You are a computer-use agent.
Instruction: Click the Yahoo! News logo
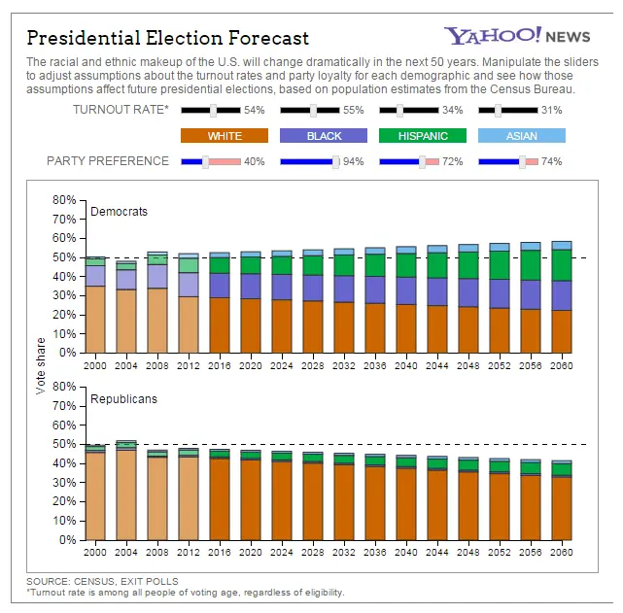pos(517,36)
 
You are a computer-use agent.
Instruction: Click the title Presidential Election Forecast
pos(167,38)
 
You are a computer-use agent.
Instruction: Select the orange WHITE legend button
pos(224,136)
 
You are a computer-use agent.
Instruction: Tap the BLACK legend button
pos(324,136)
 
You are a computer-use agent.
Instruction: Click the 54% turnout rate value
pos(255,111)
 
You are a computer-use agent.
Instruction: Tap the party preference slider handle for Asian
pos(522,161)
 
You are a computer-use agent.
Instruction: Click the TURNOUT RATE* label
pos(121,111)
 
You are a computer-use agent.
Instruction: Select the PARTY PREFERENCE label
pos(108,161)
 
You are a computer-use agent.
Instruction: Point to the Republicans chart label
pos(123,398)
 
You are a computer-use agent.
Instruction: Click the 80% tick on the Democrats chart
pos(64,200)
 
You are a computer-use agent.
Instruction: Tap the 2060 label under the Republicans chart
pos(560,552)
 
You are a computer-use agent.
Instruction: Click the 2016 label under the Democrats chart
pos(220,364)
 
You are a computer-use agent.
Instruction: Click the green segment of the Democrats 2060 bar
pos(561,265)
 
